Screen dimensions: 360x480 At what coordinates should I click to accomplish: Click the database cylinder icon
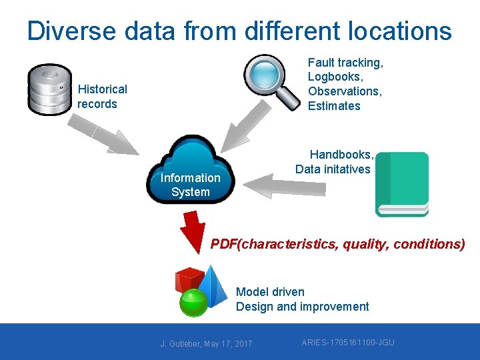49,89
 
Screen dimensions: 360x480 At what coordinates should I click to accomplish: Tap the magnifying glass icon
271,81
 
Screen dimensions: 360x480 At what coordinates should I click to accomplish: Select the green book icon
402,183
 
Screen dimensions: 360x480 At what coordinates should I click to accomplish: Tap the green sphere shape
194,303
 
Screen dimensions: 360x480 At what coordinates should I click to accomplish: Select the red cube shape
188,280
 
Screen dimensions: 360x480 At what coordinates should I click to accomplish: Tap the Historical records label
101,97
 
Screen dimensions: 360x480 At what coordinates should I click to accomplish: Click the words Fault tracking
345,63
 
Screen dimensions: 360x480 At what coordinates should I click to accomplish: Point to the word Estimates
333,106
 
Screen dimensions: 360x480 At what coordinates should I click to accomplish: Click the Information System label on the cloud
190,185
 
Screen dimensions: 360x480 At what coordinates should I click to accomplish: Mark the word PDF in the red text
224,244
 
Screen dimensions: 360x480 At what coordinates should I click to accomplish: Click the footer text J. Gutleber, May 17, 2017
206,343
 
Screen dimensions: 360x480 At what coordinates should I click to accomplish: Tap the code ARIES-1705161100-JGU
347,343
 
